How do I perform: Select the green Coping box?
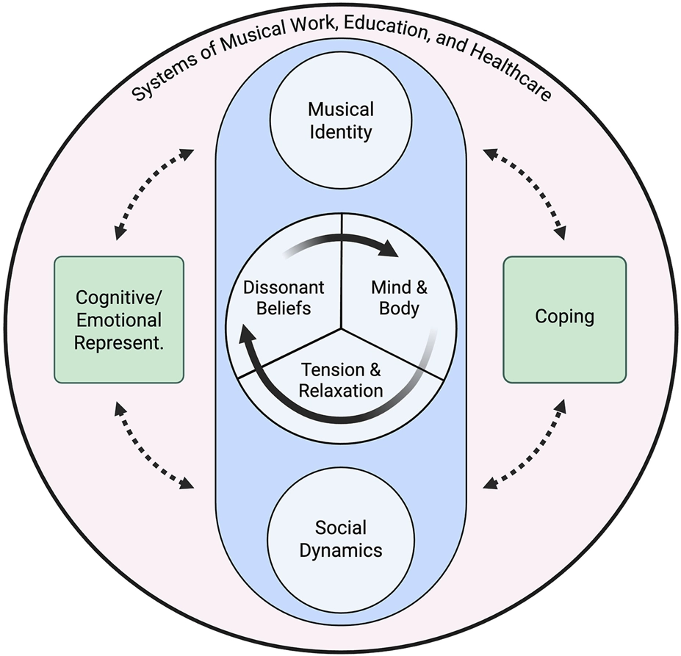pos(564,319)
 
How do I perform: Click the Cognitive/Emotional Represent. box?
pos(118,319)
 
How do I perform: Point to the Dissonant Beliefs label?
pos(282,296)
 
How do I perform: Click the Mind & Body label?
pos(400,296)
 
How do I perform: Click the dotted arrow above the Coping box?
pos(525,193)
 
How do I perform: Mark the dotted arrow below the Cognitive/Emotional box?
pos(154,444)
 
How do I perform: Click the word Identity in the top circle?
pos(340,132)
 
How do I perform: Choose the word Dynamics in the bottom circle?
pos(339,549)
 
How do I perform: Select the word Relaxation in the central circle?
pos(340,389)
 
